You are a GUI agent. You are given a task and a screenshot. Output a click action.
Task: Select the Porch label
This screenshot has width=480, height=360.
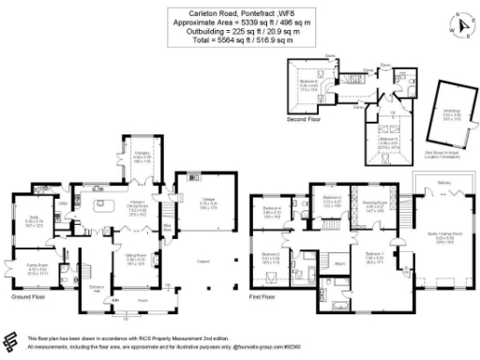[142, 301]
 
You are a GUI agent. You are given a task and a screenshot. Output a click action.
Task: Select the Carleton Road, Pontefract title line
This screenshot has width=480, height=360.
[240, 12]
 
